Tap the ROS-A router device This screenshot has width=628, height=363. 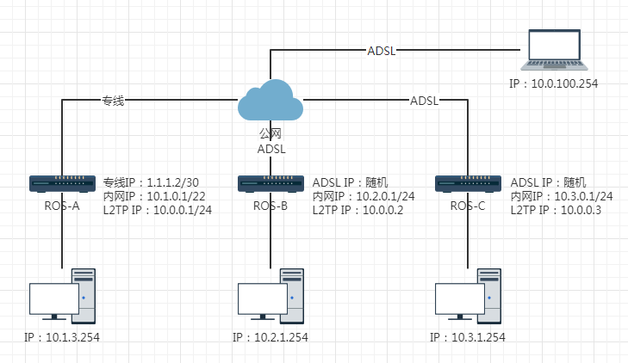pos(62,183)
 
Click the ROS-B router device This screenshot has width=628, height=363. pos(270,183)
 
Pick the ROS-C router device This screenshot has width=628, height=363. pos(469,183)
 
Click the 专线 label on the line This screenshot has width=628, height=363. pos(114,101)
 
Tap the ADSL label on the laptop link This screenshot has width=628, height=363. pos(381,50)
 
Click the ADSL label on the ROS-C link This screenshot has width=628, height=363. pos(424,101)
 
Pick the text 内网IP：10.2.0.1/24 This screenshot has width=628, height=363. pos(364,196)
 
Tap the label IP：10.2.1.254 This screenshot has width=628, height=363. pos(270,337)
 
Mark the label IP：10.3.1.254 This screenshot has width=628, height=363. pos(468,337)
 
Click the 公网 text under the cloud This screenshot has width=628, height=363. pos(270,134)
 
